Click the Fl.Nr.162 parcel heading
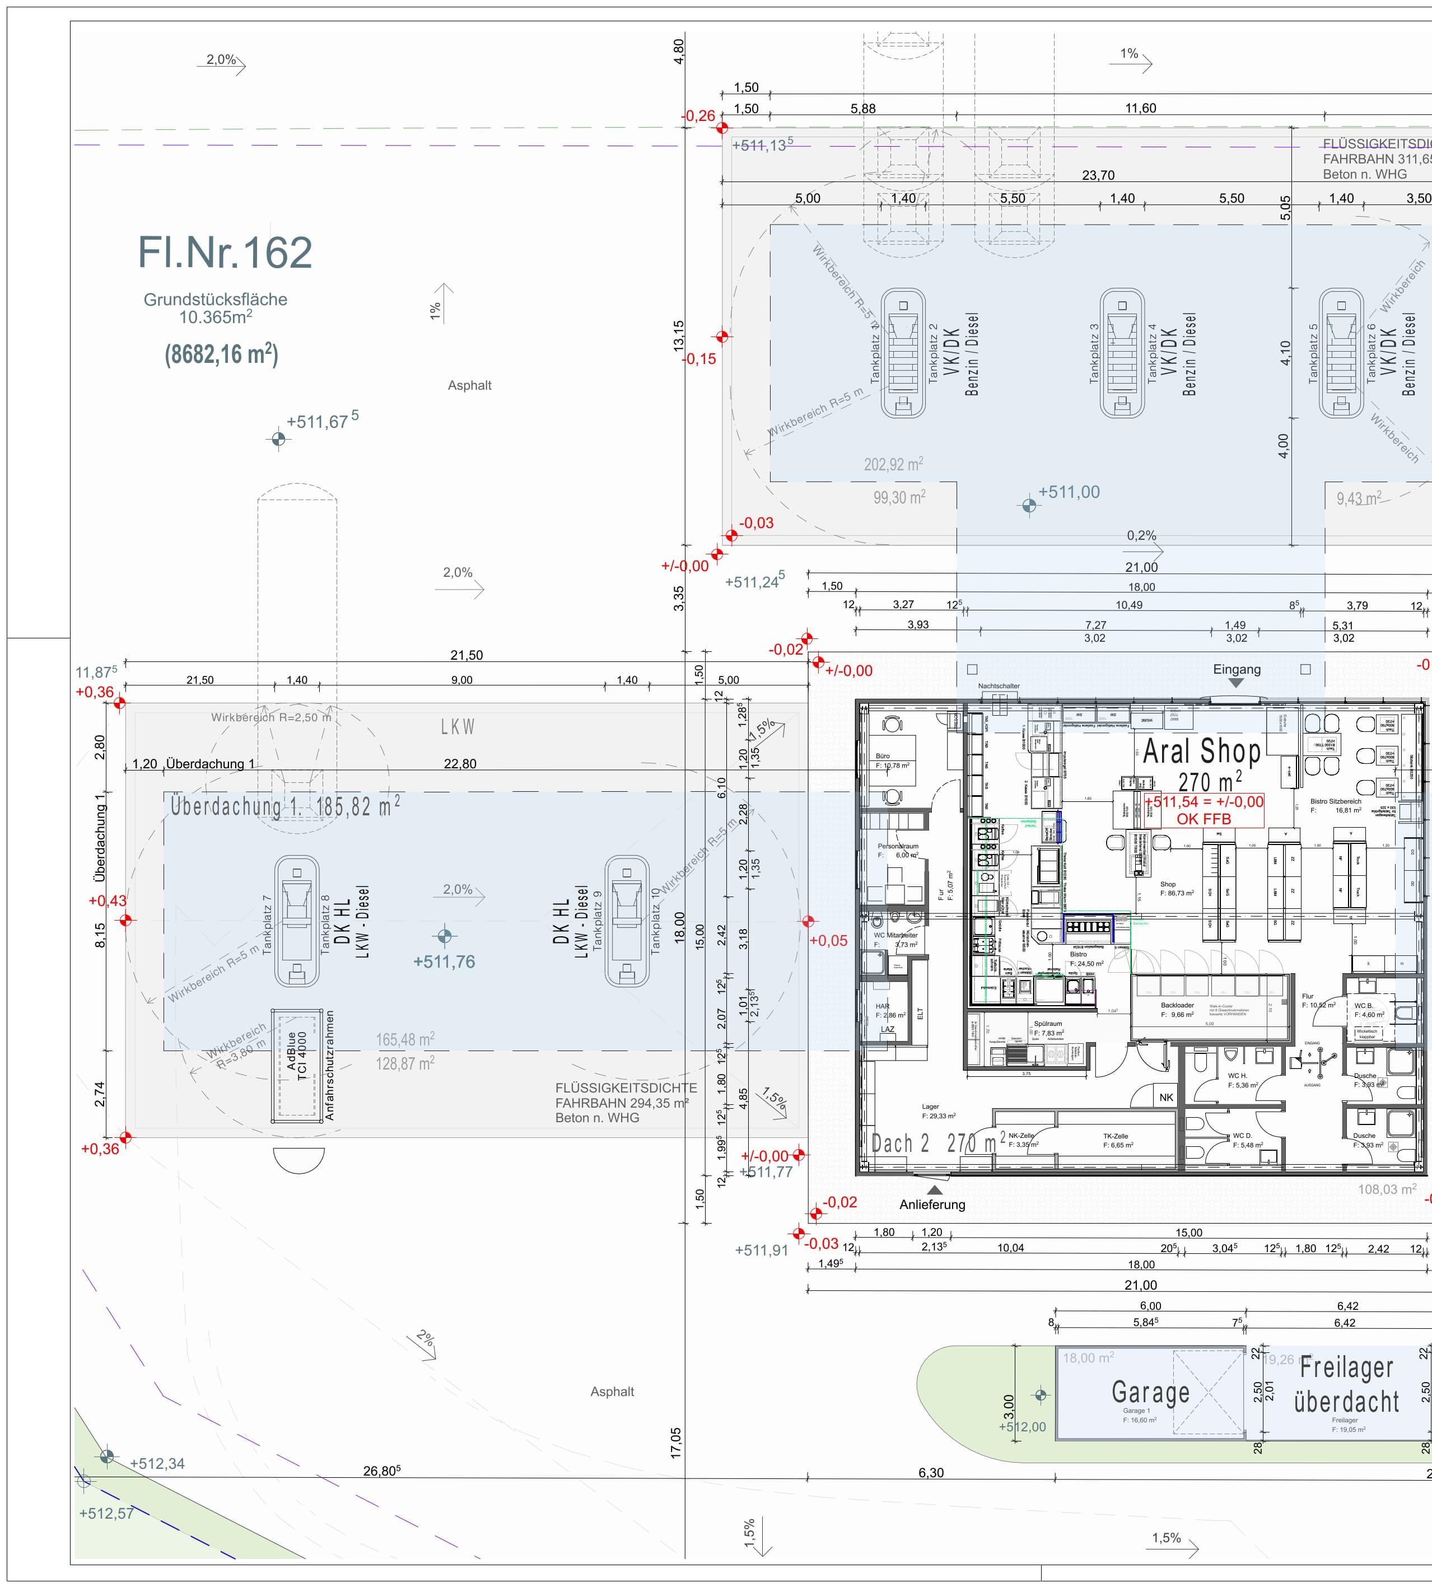point(225,253)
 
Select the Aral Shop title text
point(1201,752)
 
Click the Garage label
point(1150,1392)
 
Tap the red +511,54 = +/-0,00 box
point(1204,810)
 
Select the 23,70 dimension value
point(1098,175)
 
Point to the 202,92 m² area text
point(893,465)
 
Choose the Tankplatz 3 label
point(1094,354)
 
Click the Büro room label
point(883,756)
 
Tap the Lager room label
point(930,1107)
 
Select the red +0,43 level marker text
point(107,901)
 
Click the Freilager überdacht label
point(1346,1384)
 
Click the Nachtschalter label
point(999,686)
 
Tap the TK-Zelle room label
point(1116,1136)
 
